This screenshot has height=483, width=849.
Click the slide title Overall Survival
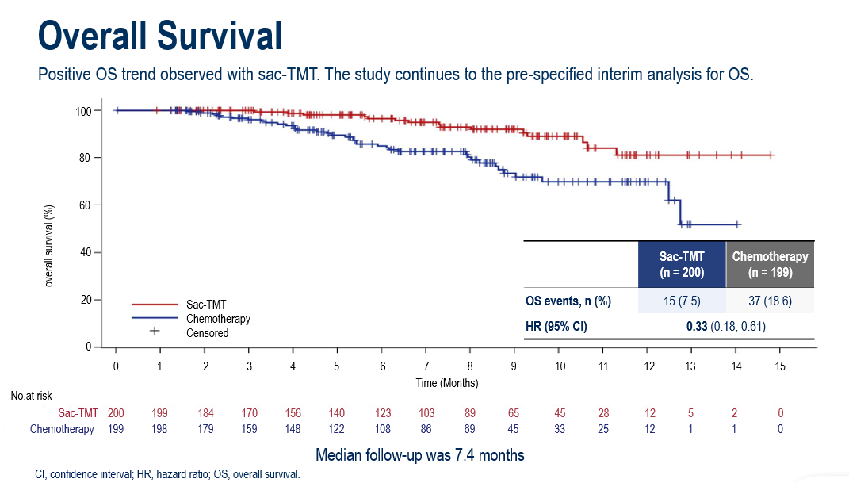tap(160, 36)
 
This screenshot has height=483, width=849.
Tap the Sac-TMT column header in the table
tap(682, 264)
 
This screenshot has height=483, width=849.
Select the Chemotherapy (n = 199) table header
tap(770, 264)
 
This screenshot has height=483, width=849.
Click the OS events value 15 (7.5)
tap(682, 301)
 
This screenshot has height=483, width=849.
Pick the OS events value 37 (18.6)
tap(770, 301)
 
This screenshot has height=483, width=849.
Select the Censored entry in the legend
tap(207, 333)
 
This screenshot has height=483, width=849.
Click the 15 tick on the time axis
tap(779, 366)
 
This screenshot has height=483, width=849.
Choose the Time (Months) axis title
tap(447, 382)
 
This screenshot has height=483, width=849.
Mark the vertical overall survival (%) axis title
tap(49, 245)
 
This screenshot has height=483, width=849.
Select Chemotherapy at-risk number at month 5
tap(337, 429)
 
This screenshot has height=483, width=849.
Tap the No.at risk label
tap(32, 395)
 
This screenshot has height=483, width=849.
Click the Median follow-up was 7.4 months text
tap(420, 455)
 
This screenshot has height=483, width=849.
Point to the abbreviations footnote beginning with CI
tap(167, 474)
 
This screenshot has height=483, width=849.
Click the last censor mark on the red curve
tap(771, 155)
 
